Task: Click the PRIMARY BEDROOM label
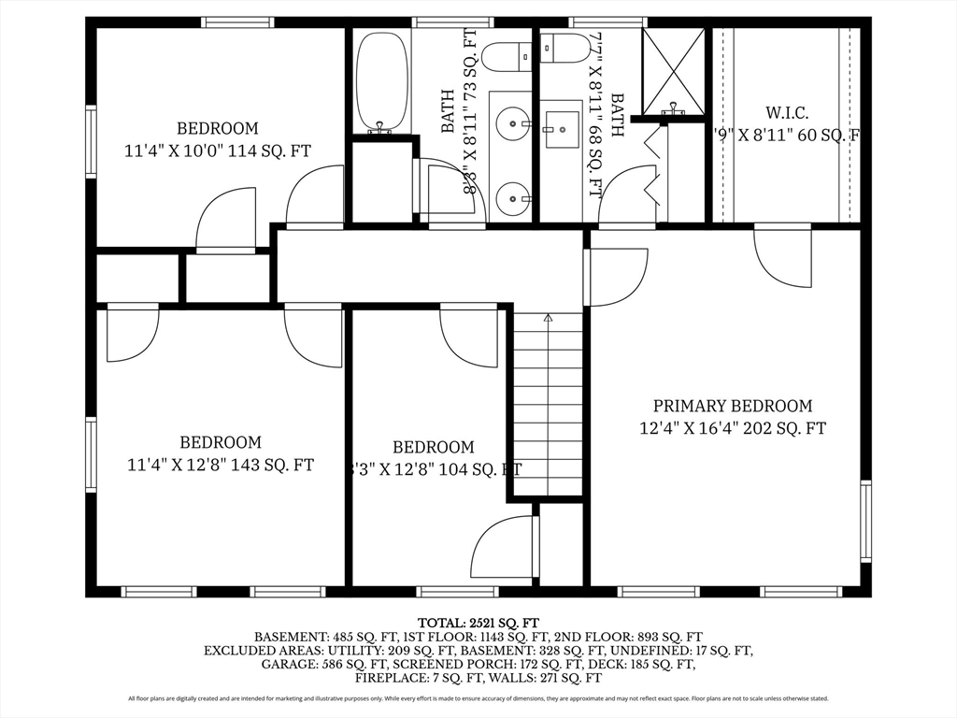pos(732,406)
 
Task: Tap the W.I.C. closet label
pos(786,113)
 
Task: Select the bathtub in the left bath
pos(381,82)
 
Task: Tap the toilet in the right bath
pos(564,47)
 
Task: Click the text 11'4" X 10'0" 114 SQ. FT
pos(218,150)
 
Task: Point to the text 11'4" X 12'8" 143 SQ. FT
pos(221,464)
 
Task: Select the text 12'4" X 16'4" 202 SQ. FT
pos(732,428)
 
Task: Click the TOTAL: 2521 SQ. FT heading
pos(478,622)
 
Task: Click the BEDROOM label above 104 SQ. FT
pos(433,448)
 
